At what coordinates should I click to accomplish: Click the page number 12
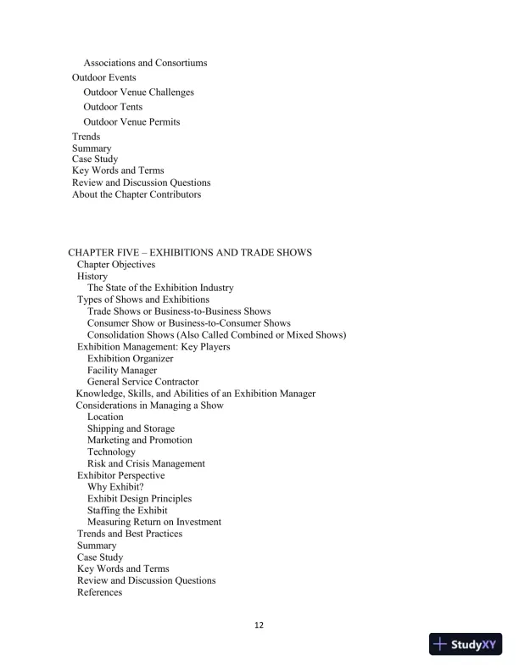point(259,625)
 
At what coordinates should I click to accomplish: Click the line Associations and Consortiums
point(145,63)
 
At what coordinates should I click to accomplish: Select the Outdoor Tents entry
point(113,107)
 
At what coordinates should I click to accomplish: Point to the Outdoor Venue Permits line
point(131,122)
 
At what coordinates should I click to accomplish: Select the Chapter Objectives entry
point(116,265)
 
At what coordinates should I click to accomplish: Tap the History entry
point(92,277)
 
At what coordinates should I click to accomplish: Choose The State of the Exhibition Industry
point(160,288)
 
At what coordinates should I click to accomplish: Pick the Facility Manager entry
point(122,371)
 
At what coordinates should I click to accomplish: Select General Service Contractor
point(142,383)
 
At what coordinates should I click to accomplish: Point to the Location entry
point(105,417)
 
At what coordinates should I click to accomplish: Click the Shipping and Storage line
point(131,429)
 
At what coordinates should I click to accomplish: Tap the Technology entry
point(111,452)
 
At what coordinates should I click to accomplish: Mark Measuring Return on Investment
point(154,523)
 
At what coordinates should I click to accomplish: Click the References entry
point(99,592)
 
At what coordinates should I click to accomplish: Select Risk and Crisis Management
point(146,464)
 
